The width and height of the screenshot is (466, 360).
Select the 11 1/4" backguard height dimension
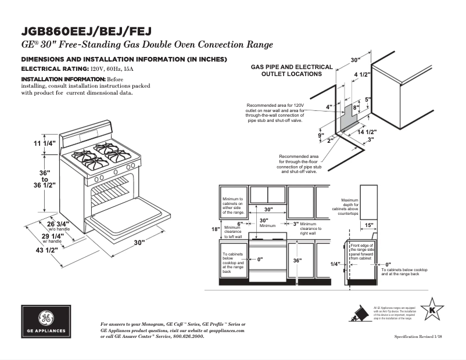tap(44, 143)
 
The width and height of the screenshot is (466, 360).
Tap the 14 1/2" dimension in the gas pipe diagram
tap(367, 132)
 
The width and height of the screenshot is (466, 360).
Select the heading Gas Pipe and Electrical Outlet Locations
tap(292, 70)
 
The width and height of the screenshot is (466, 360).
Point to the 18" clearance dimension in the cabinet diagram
tap(215, 229)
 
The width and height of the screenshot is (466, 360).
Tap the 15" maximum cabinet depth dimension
tap(368, 225)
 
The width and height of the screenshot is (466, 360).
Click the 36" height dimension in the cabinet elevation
tap(297, 261)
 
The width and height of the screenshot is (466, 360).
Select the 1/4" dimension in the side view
tap(335, 264)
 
